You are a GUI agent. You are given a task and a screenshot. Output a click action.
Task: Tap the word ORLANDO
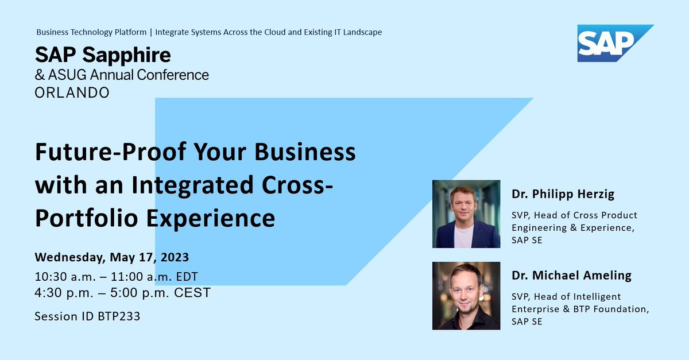[x=72, y=92]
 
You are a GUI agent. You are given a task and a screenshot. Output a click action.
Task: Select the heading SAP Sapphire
[x=103, y=55]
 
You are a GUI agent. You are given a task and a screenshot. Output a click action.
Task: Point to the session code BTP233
[x=119, y=316]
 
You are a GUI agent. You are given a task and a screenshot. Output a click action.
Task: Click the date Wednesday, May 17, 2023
[x=111, y=256]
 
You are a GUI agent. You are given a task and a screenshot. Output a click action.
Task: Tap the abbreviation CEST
[x=193, y=293]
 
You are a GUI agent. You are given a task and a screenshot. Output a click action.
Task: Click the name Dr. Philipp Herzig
[x=563, y=194]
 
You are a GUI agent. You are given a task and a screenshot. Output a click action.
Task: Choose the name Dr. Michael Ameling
[x=571, y=275]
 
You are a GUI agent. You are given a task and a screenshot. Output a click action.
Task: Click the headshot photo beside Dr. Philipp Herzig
[x=466, y=214]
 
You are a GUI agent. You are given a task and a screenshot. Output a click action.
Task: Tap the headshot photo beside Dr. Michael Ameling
[x=466, y=296]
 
